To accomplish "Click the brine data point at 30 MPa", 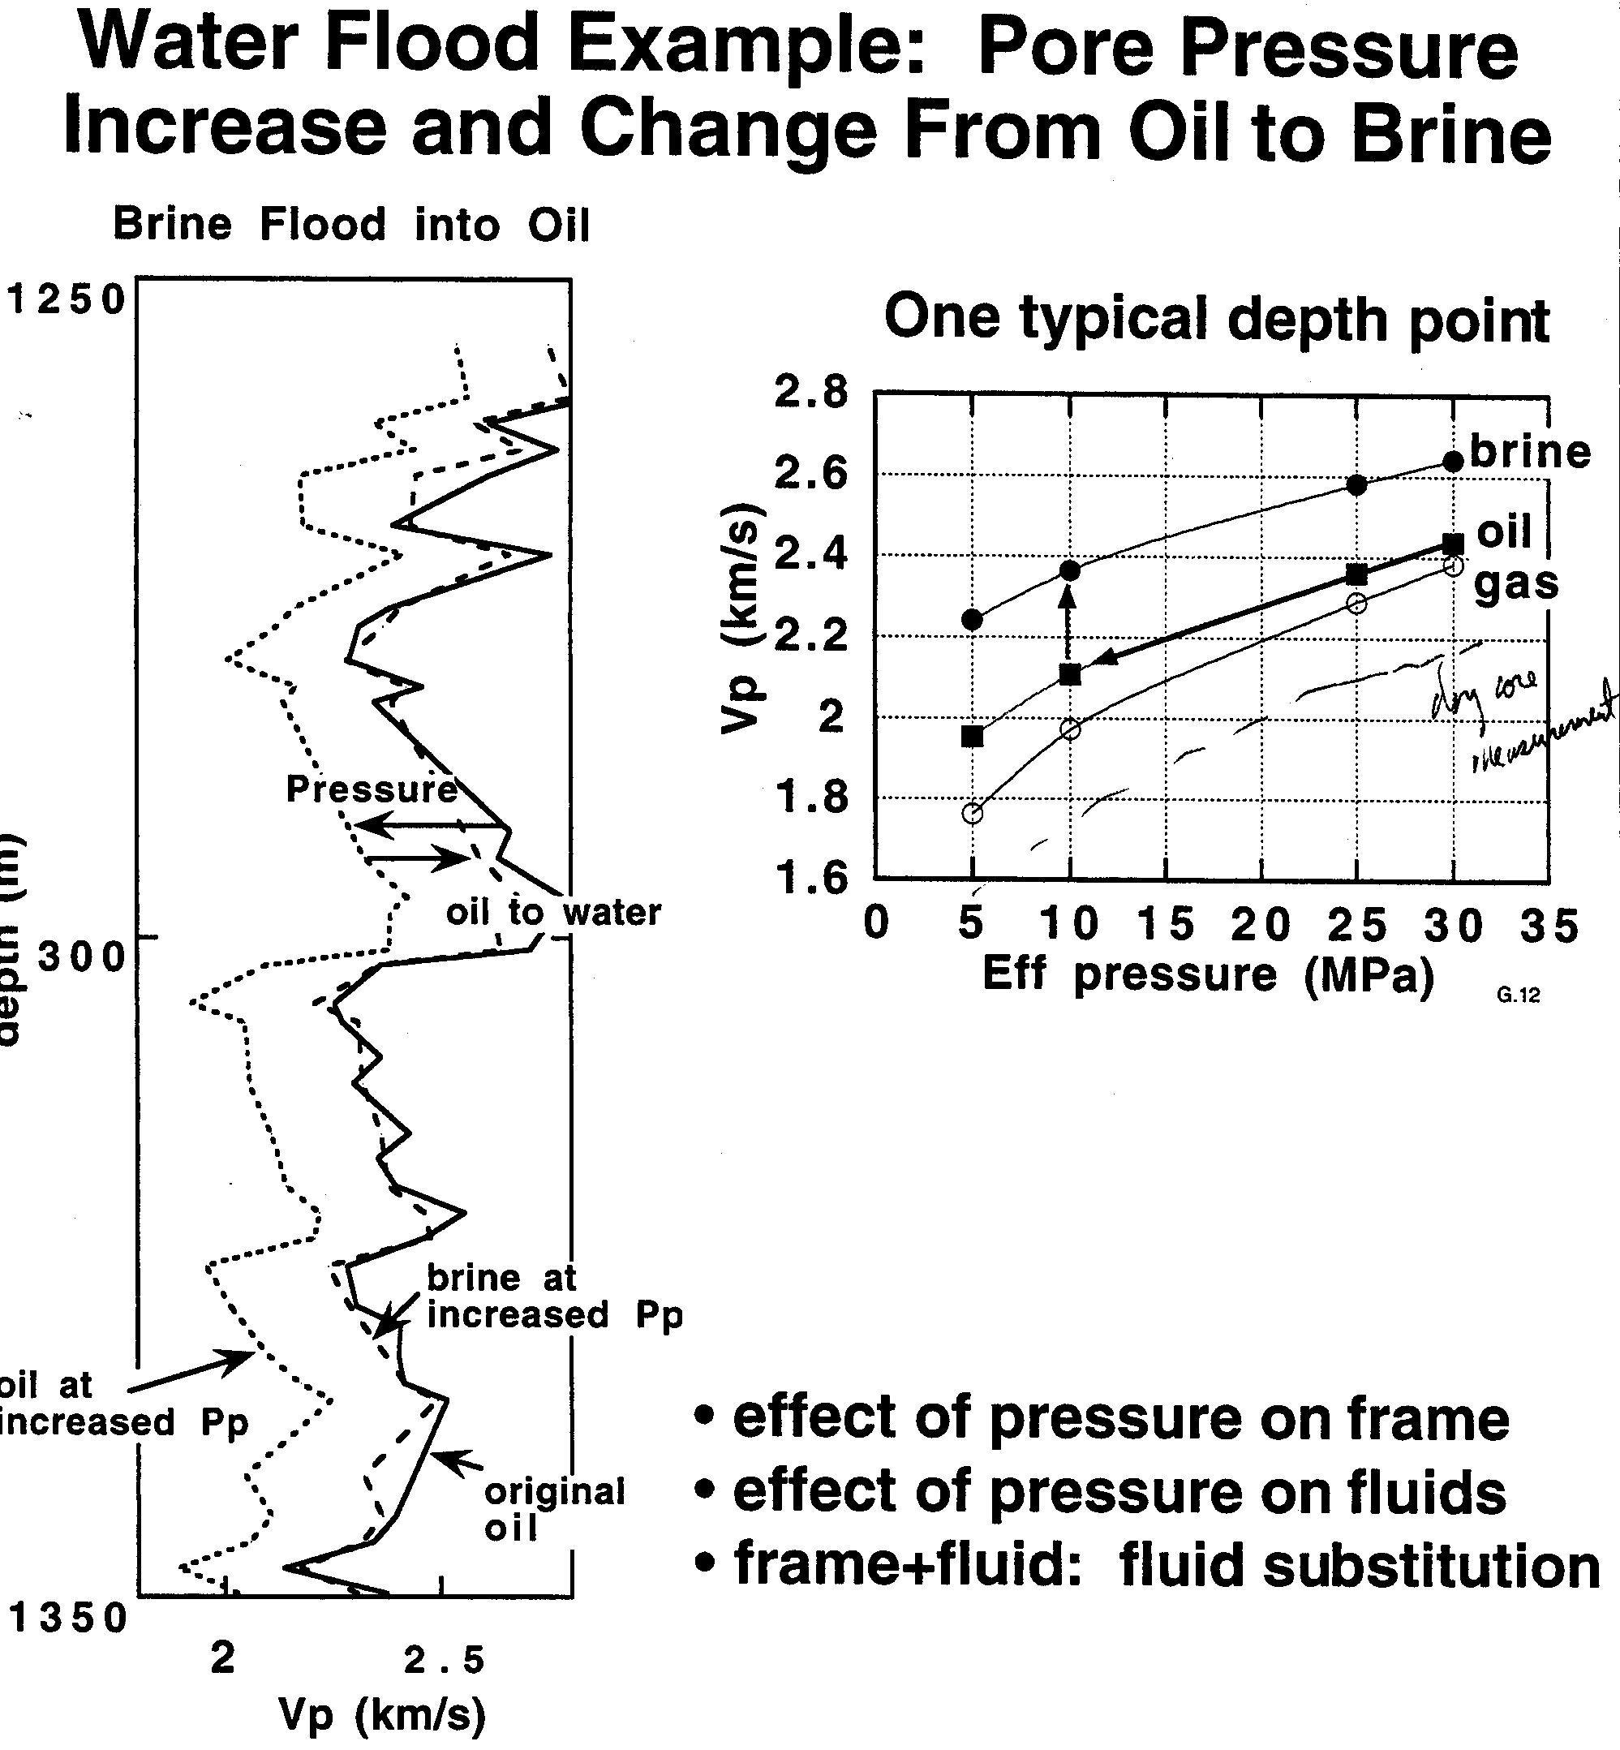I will [1453, 461].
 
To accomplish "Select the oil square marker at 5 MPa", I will [971, 736].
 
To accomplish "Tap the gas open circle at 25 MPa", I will [1356, 603].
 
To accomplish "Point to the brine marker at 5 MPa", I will [971, 619].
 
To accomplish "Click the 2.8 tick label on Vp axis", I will [811, 391].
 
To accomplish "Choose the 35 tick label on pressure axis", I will [1549, 926].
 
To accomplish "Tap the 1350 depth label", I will [68, 1618].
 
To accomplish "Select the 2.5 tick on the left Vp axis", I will [444, 1659].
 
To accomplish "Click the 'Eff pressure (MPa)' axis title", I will [1208, 974].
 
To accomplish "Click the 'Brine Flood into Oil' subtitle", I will [350, 225].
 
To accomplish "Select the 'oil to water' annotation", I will [553, 913].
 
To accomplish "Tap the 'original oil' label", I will [554, 1509].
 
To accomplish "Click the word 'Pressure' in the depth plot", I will [372, 789].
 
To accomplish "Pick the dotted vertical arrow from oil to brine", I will [1068, 624].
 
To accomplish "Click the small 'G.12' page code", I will [1519, 994].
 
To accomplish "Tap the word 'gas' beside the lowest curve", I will [1516, 583].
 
